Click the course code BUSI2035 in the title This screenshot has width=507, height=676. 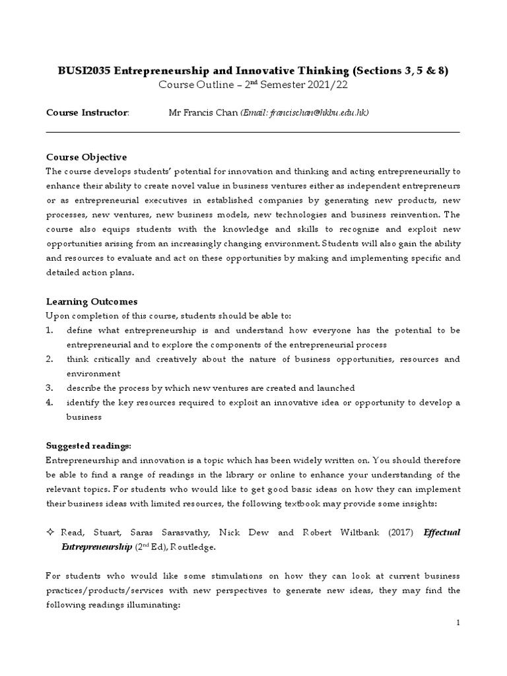80,71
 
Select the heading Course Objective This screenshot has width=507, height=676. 86,157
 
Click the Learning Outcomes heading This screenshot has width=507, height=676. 91,302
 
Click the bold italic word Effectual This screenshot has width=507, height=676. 441,531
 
